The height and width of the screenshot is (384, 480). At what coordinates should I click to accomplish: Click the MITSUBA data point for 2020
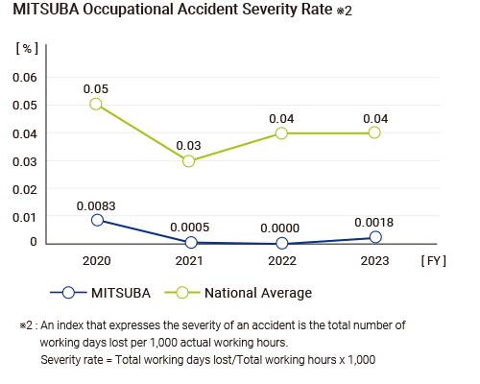[x=97, y=220]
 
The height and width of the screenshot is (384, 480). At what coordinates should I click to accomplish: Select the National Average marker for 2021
[x=189, y=161]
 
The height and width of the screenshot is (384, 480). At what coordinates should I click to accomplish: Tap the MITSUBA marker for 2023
[x=375, y=237]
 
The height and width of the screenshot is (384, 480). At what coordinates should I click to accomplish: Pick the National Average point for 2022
[x=281, y=132]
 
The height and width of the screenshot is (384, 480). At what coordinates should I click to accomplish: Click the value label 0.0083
[x=96, y=206]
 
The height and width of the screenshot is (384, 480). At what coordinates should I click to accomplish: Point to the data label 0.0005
[x=190, y=228]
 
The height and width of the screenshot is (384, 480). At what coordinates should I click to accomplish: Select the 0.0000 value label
[x=280, y=228]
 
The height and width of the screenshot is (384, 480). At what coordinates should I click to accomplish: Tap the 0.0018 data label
[x=373, y=223]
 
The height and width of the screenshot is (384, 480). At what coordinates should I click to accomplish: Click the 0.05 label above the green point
[x=96, y=89]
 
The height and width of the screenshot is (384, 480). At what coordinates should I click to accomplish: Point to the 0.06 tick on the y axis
[x=25, y=78]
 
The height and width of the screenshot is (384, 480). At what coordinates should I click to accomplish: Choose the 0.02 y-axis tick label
[x=25, y=189]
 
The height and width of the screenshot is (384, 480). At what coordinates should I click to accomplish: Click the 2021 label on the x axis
[x=189, y=261]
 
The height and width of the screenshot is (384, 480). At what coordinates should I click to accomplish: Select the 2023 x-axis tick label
[x=374, y=261]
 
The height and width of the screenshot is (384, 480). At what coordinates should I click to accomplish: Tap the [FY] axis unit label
[x=434, y=261]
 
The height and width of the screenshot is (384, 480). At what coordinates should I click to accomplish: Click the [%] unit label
[x=27, y=48]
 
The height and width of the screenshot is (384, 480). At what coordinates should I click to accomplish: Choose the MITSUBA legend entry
[x=101, y=293]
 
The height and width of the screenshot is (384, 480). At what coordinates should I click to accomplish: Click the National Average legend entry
[x=238, y=293]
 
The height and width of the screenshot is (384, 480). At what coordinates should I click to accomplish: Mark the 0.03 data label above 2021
[x=188, y=146]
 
